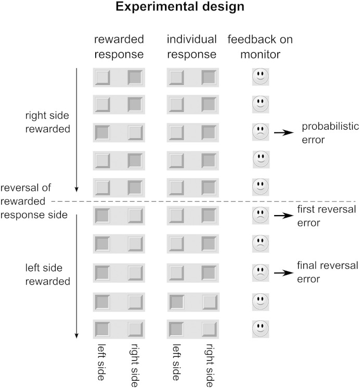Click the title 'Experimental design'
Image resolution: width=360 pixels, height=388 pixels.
point(180,9)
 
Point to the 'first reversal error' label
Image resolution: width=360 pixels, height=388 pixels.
point(327,215)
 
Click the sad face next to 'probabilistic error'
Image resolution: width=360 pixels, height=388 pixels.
point(260,132)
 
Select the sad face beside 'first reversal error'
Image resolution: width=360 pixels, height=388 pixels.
point(260,214)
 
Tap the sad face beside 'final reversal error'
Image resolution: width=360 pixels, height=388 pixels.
point(260,271)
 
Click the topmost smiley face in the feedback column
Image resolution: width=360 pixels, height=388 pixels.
point(260,77)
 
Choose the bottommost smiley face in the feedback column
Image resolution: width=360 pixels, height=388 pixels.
point(260,328)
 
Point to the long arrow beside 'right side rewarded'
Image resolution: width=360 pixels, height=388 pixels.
point(76,130)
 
